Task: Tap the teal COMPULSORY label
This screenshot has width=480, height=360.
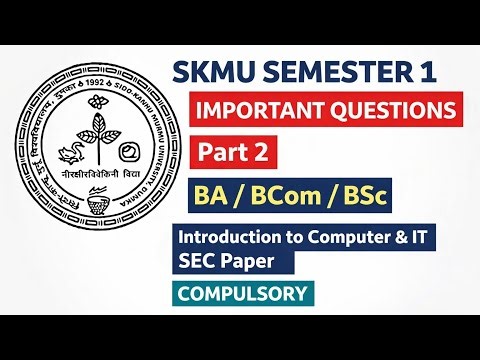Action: tap(244, 293)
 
